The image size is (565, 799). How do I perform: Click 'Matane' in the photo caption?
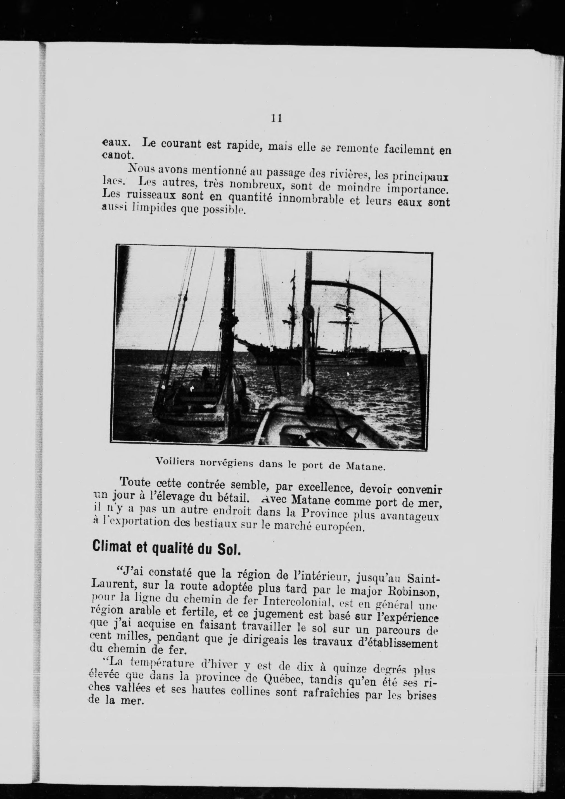click(366, 467)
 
